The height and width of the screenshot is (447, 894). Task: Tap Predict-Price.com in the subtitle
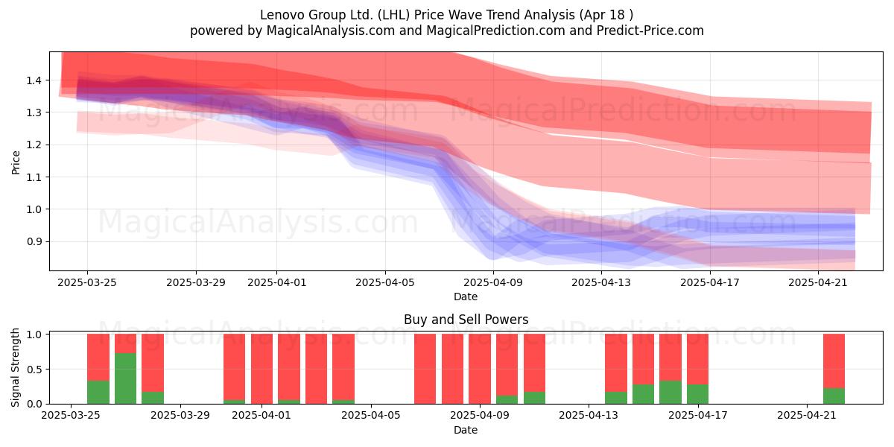coord(650,31)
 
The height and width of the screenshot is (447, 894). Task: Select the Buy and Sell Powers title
coord(466,320)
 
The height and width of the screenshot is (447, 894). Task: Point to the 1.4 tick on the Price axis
coord(34,80)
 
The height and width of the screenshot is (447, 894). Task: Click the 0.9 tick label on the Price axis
coord(34,242)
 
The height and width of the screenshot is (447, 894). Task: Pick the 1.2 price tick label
coord(34,145)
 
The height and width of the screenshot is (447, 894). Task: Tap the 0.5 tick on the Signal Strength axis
coord(34,370)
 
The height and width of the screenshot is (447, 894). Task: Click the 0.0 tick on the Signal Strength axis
coord(34,404)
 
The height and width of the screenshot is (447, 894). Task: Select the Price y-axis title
coord(16,162)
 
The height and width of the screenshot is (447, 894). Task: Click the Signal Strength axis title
coord(15,367)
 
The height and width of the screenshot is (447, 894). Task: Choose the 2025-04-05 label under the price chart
coord(385,282)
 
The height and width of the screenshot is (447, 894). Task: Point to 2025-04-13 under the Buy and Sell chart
coord(589,415)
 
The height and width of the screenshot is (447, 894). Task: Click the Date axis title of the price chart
coord(466,297)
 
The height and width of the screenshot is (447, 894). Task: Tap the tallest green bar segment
coord(125,378)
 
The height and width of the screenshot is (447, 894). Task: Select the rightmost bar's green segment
coord(834,396)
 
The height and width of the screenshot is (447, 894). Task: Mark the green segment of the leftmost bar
coord(98,393)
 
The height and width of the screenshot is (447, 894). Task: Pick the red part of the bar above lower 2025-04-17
coord(697,359)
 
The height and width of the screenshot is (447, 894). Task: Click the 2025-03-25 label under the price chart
coord(87,282)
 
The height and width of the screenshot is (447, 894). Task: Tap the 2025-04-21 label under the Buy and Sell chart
coord(807,415)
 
